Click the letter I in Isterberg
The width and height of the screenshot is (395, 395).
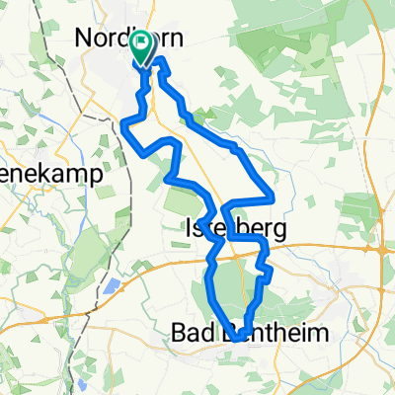point(189,229)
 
